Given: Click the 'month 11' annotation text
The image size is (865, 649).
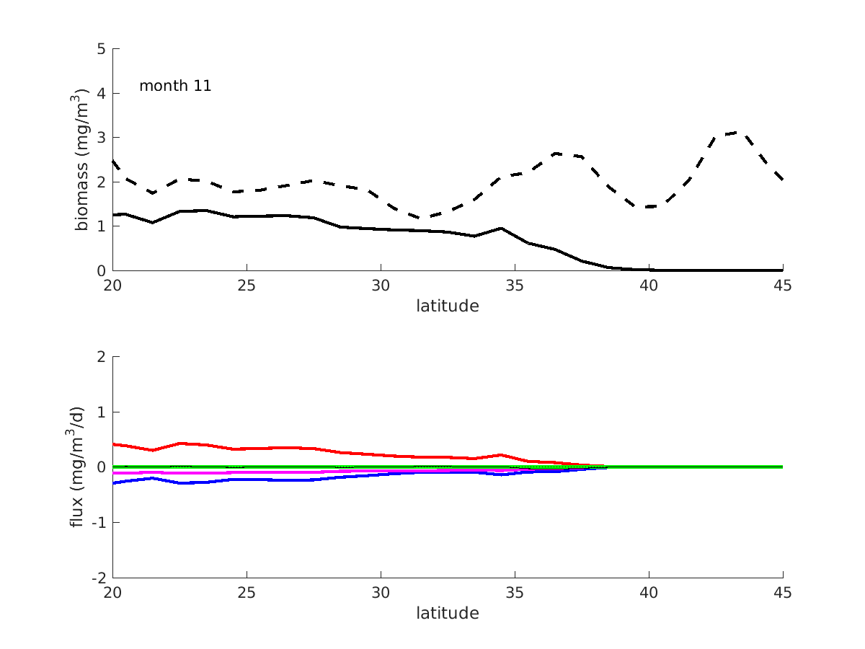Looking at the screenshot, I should tap(175, 86).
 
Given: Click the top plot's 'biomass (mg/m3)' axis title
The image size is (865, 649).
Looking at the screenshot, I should tap(83, 159).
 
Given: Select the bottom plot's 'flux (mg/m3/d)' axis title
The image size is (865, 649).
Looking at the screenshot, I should tap(78, 467).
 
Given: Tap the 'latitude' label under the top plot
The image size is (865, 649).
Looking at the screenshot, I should tap(447, 306).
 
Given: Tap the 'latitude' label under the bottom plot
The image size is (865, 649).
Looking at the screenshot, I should tap(447, 614).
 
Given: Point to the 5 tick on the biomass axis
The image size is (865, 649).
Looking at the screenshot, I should tap(102, 49).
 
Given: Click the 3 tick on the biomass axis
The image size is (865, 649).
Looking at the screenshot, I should tap(102, 138).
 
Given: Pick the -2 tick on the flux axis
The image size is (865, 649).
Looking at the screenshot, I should tap(99, 578).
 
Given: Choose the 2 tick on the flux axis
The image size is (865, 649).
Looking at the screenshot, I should tap(102, 357).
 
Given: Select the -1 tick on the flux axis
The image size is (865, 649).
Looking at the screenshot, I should tap(99, 523).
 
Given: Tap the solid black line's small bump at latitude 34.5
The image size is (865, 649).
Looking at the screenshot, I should tap(501, 228).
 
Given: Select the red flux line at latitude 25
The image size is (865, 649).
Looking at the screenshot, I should tap(247, 449).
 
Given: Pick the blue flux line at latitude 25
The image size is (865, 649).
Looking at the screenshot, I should tap(247, 479).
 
